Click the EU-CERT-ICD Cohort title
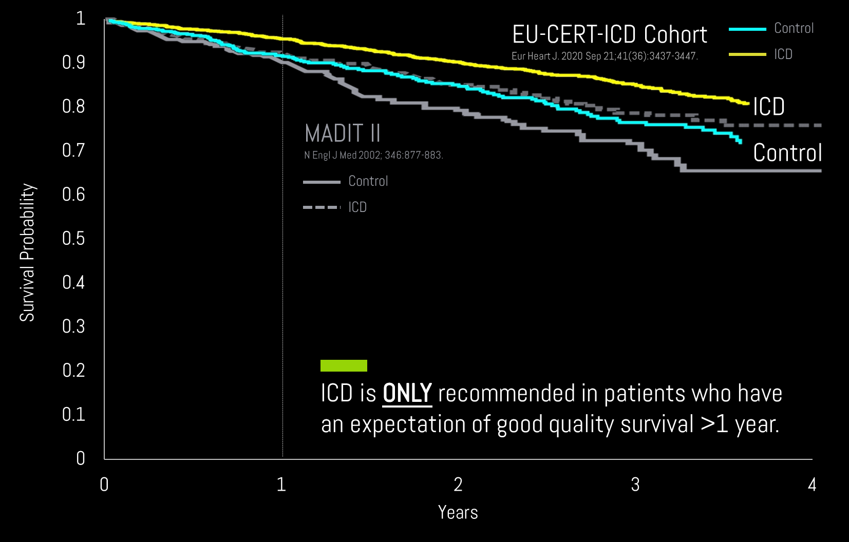[x=609, y=35]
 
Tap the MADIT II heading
[x=343, y=134]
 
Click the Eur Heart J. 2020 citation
[x=605, y=56]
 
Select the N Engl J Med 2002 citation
[x=373, y=155]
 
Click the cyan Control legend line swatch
[x=747, y=29]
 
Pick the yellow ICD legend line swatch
[x=747, y=54]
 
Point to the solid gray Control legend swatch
[x=322, y=182]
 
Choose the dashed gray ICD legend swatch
[x=322, y=207]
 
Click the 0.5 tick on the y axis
[x=73, y=239]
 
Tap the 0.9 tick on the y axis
[x=73, y=63]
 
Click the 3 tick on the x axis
[x=635, y=485]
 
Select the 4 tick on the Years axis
[x=812, y=485]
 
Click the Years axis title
[x=458, y=512]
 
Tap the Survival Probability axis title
[x=27, y=253]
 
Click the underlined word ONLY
[x=407, y=394]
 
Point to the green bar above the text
[x=344, y=365]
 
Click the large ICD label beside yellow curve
[x=768, y=107]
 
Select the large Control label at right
[x=787, y=153]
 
